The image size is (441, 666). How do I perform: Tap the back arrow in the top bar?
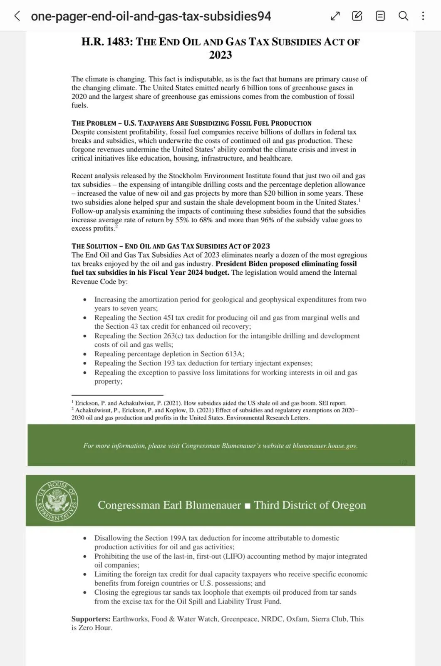17,16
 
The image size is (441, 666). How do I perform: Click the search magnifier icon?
403,16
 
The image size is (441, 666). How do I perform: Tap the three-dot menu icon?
423,16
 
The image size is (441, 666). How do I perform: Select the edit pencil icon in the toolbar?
357,16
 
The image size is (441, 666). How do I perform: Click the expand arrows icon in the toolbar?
335,16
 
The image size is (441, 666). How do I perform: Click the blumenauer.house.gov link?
325,446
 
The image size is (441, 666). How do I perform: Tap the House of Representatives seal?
57,501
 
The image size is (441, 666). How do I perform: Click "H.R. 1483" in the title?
106,42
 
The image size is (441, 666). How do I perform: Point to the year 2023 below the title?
220,55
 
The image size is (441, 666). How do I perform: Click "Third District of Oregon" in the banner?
310,505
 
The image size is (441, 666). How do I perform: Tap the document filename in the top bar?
151,16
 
